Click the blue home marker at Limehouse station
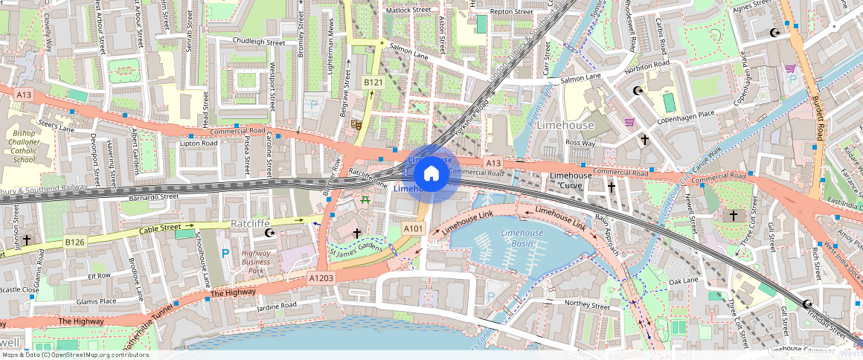tap(431, 175)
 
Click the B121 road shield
tap(373, 82)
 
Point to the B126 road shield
tap(74, 242)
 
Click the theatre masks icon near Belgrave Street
tap(356, 125)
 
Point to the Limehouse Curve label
tap(571, 180)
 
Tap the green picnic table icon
tap(365, 199)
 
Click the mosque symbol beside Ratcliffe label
tap(270, 234)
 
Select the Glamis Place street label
tap(97, 301)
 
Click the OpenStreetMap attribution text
tap(74, 355)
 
